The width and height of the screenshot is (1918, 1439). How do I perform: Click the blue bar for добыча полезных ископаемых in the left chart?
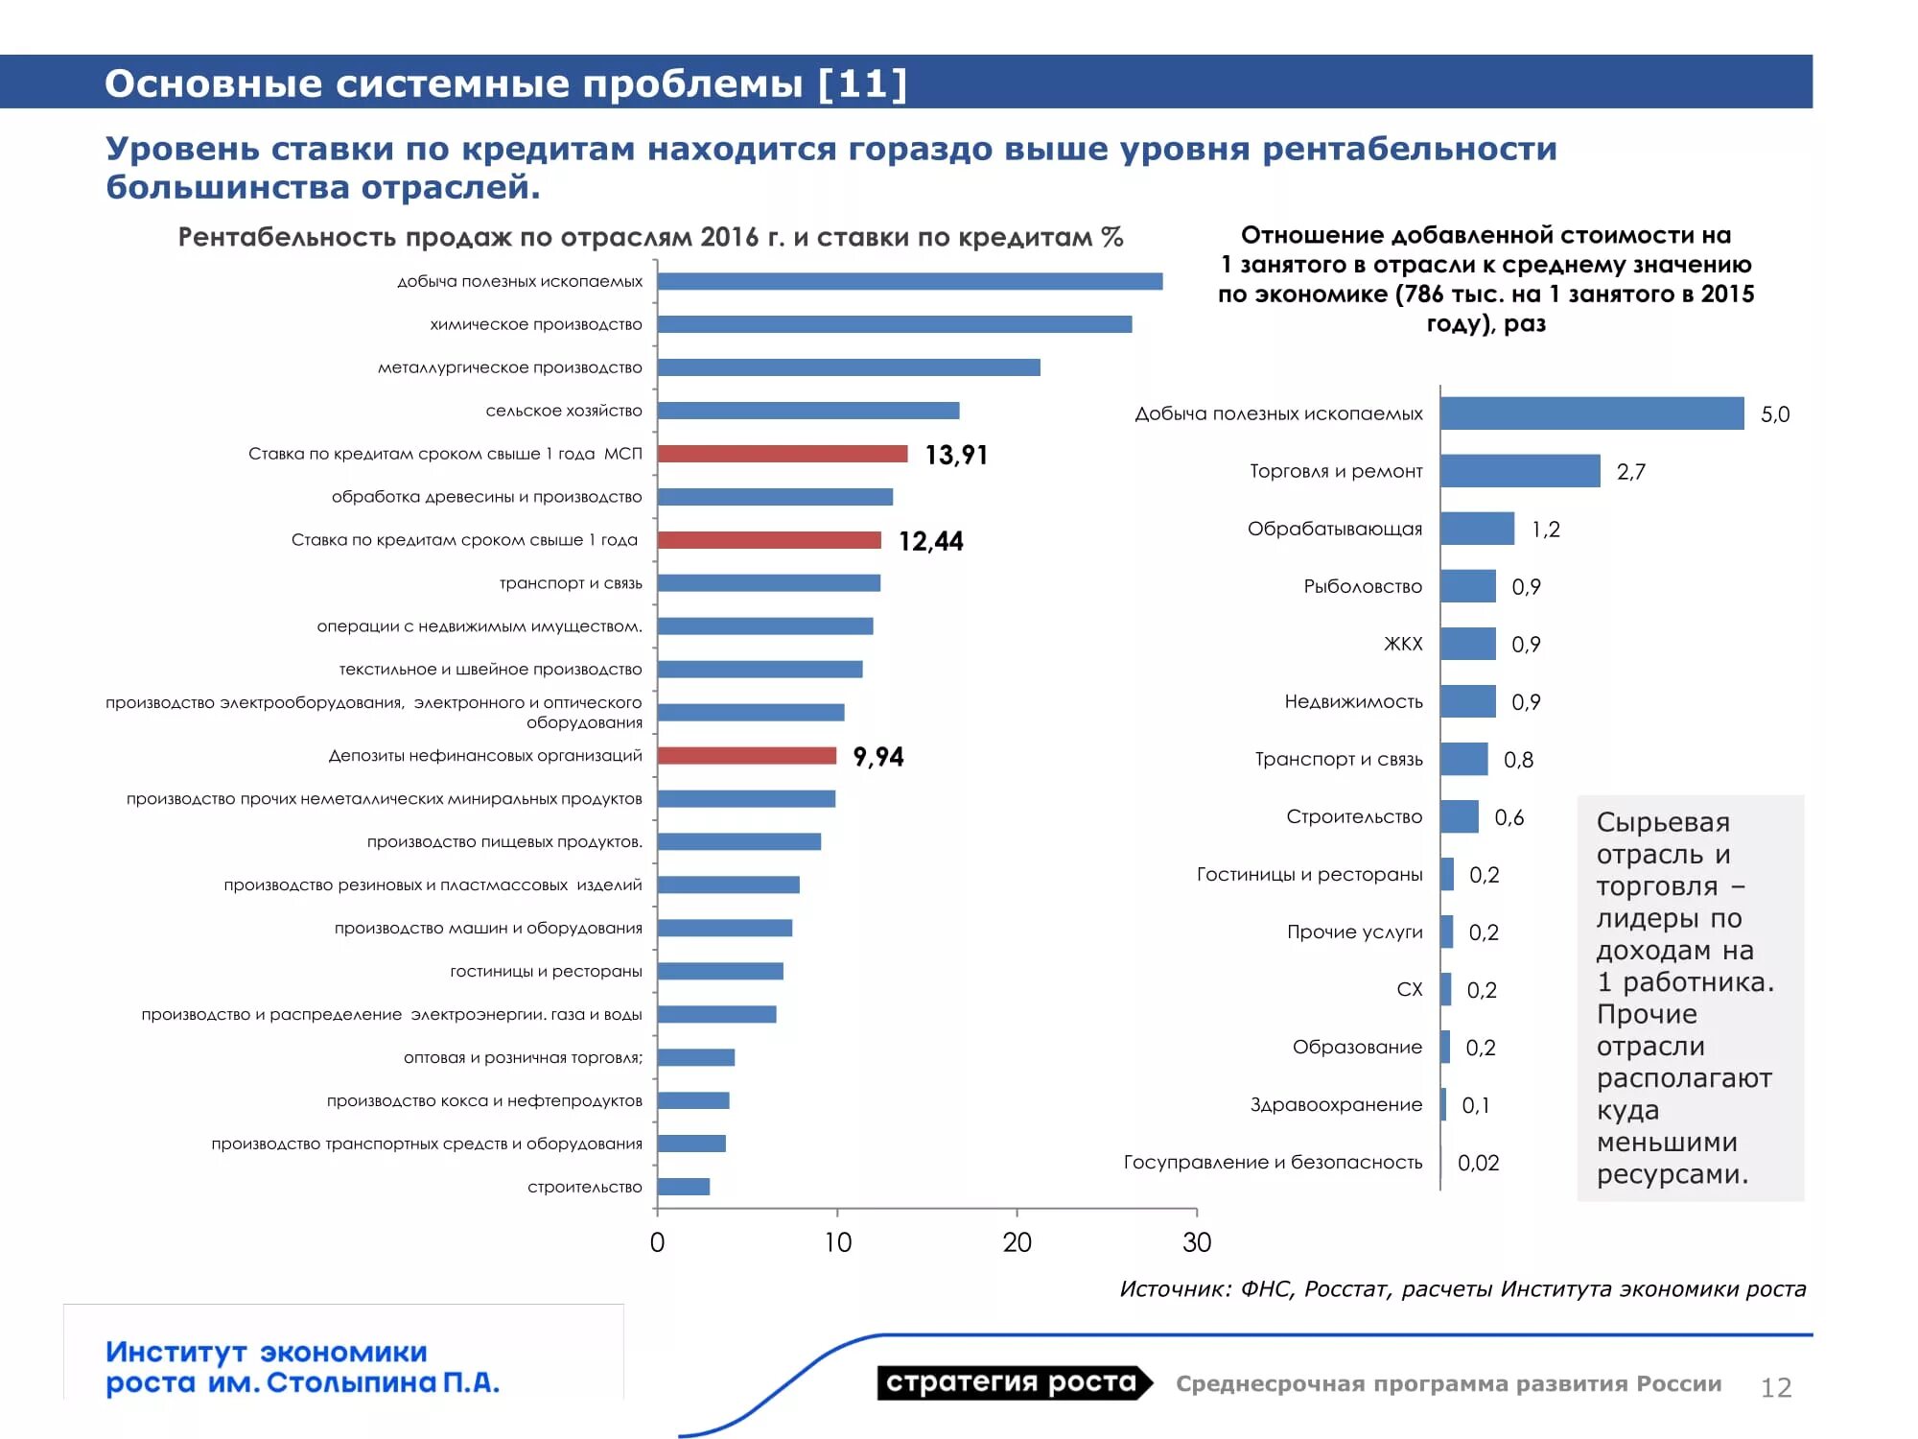[x=910, y=281]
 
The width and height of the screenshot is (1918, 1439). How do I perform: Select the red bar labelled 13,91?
[x=783, y=454]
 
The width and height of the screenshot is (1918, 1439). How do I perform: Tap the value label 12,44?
[x=931, y=541]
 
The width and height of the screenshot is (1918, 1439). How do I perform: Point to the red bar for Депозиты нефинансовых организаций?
[x=747, y=756]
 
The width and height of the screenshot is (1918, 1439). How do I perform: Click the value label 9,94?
[x=878, y=757]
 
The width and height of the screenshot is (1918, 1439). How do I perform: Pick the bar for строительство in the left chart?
[x=684, y=1187]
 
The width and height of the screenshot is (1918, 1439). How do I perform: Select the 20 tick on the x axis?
[x=1017, y=1242]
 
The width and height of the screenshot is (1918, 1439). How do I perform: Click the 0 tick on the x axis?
[x=657, y=1242]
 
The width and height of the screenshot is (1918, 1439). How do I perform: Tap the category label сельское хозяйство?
[x=564, y=411]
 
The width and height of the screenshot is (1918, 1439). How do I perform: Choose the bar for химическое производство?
[x=895, y=324]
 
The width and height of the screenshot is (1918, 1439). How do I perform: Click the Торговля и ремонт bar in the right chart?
[x=1521, y=471]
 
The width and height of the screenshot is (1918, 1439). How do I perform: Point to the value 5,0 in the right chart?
[x=1775, y=414]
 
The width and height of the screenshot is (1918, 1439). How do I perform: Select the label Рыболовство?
[x=1363, y=586]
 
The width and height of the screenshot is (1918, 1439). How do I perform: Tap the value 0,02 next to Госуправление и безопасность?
[x=1479, y=1163]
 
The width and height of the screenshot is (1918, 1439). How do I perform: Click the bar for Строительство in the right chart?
[x=1460, y=816]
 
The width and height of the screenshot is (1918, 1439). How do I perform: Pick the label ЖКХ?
[x=1403, y=644]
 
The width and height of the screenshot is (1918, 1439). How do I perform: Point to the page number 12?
[x=1776, y=1387]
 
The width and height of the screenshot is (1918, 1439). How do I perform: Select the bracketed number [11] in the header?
[x=863, y=83]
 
